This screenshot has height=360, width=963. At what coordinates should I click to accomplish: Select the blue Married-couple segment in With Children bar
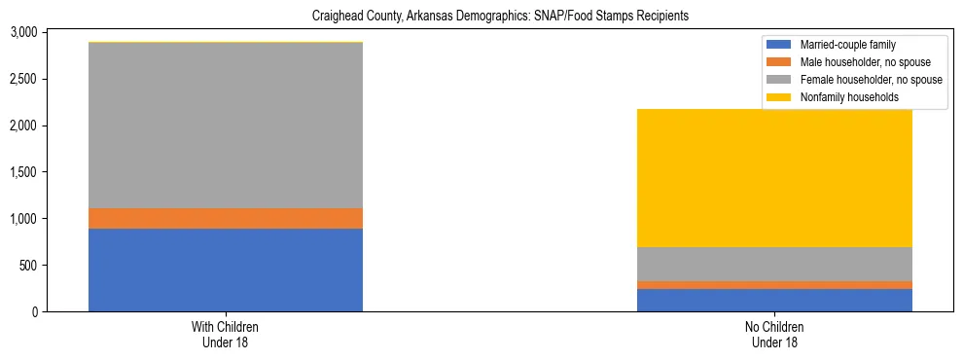[226, 270]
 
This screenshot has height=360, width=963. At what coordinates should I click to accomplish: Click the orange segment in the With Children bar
[226, 218]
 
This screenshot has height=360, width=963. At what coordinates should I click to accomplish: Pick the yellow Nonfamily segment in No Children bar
[774, 178]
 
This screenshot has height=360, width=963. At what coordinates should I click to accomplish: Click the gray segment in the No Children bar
[774, 264]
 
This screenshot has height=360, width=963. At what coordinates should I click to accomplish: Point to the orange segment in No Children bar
[774, 285]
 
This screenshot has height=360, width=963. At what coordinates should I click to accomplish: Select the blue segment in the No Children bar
[774, 300]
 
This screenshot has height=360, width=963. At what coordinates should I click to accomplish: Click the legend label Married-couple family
[848, 45]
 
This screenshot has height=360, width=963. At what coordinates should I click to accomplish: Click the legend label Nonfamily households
[846, 97]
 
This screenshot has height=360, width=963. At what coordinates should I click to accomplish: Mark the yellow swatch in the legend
[780, 97]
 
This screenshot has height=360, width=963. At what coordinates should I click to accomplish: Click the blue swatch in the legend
[780, 45]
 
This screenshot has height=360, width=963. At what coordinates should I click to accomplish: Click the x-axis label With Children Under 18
[226, 335]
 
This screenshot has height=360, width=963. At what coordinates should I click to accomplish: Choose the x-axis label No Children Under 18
[774, 335]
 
